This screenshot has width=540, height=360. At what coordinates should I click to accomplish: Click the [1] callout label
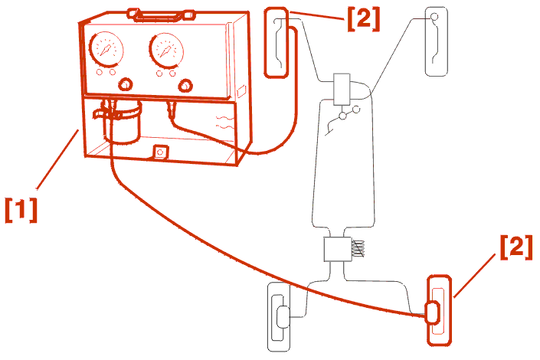(21, 209)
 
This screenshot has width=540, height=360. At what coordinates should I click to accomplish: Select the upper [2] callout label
(363, 19)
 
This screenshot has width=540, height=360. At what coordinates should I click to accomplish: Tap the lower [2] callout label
(516, 247)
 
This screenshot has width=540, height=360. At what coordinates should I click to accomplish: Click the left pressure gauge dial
(106, 49)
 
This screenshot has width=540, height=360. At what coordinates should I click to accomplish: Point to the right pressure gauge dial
(166, 51)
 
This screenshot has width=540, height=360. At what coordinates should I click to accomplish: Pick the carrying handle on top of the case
(161, 15)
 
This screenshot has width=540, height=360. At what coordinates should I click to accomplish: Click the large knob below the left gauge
(126, 85)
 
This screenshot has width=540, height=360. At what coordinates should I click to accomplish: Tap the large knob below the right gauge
(185, 86)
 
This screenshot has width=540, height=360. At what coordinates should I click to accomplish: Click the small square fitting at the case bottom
(160, 152)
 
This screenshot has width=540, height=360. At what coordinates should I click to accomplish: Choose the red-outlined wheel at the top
(276, 43)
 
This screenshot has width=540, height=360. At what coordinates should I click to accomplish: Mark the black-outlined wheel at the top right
(437, 41)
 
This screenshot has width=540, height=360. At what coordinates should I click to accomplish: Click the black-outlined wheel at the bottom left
(279, 317)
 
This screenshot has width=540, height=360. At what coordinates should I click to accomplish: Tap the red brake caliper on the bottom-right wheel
(433, 313)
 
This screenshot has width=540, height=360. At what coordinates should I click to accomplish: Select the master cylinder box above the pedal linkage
(342, 89)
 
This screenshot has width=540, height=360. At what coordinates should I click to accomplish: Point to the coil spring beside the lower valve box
(358, 249)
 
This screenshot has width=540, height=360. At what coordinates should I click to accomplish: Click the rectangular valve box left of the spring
(338, 250)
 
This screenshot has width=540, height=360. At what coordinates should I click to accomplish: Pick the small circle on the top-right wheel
(434, 16)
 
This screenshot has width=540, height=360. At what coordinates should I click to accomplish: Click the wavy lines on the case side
(224, 123)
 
